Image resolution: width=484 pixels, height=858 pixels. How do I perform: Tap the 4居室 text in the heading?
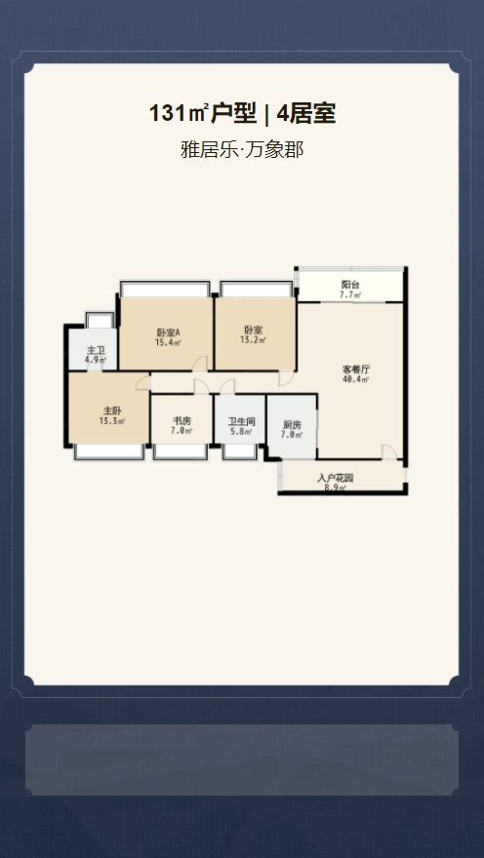[306, 114]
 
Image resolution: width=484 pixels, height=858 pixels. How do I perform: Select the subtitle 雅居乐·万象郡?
[242, 151]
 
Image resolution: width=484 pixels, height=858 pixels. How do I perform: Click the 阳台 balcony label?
[349, 284]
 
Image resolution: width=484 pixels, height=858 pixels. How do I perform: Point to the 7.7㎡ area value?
[349, 294]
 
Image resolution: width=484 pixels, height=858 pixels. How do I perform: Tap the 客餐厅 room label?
[356, 370]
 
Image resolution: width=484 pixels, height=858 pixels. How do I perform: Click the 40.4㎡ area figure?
[356, 380]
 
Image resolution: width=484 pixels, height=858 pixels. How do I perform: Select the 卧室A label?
[167, 332]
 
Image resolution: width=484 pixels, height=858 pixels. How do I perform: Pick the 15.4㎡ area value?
[167, 343]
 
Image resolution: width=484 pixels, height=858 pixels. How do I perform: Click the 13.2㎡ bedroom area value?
[254, 342]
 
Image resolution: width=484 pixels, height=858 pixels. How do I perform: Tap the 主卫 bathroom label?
[95, 350]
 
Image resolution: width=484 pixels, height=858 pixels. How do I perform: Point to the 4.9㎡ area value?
[95, 360]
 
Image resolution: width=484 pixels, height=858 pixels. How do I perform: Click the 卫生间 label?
[241, 421]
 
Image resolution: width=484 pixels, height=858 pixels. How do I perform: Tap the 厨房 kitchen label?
[292, 424]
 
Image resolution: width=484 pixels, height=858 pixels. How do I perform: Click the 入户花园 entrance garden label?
[335, 478]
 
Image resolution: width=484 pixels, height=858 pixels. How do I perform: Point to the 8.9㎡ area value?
[335, 487]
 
